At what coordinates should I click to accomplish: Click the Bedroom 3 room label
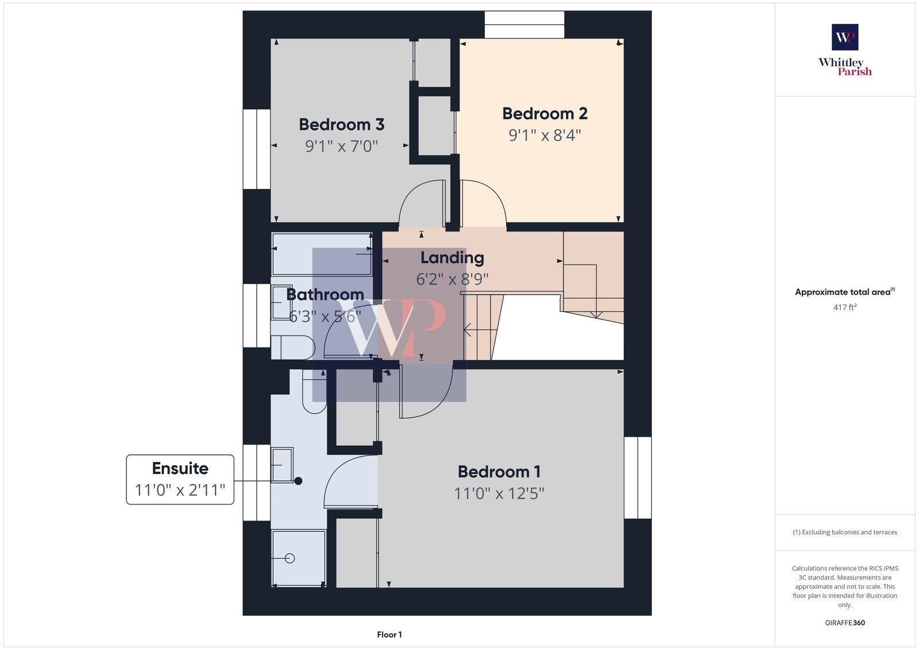click(x=341, y=125)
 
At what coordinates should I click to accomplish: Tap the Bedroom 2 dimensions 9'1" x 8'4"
click(x=545, y=136)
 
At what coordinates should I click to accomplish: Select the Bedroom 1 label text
click(x=499, y=472)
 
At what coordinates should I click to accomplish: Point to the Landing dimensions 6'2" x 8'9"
click(x=452, y=279)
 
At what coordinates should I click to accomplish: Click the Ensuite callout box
click(x=180, y=479)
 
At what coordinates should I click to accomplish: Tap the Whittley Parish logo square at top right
click(x=845, y=37)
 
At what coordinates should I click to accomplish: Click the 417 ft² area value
click(x=844, y=307)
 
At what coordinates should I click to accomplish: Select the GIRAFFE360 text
click(x=844, y=623)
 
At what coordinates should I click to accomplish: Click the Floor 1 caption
click(x=389, y=635)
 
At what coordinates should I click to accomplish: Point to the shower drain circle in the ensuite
click(x=289, y=558)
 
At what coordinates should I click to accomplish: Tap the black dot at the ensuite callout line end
click(x=298, y=481)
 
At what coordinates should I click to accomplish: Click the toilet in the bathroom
click(x=293, y=348)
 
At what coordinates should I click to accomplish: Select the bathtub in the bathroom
click(x=322, y=254)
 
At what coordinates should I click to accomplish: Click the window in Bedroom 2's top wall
click(x=524, y=25)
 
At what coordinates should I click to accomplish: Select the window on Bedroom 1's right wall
click(x=638, y=477)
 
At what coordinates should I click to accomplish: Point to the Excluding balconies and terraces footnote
click(x=844, y=532)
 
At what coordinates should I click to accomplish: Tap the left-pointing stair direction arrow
click(x=468, y=330)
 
